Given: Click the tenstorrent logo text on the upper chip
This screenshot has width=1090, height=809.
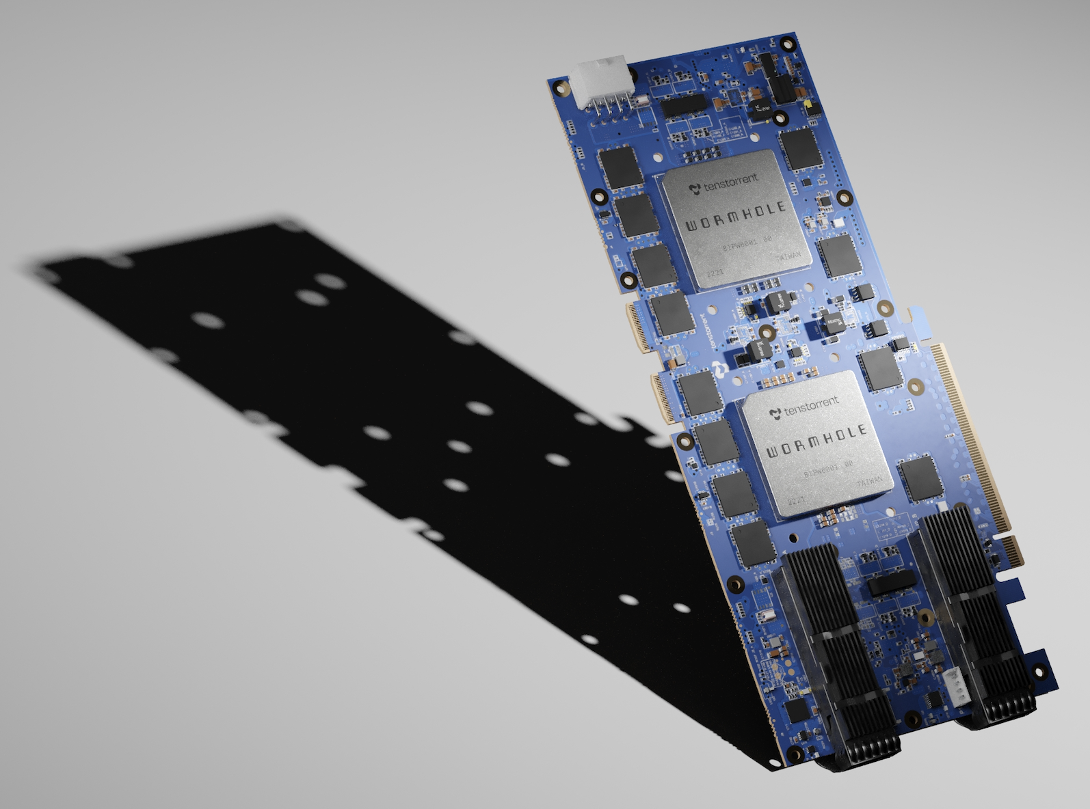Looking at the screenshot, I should click(x=725, y=182).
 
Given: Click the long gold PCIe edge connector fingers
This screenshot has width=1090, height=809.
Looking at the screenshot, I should click(x=971, y=437).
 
